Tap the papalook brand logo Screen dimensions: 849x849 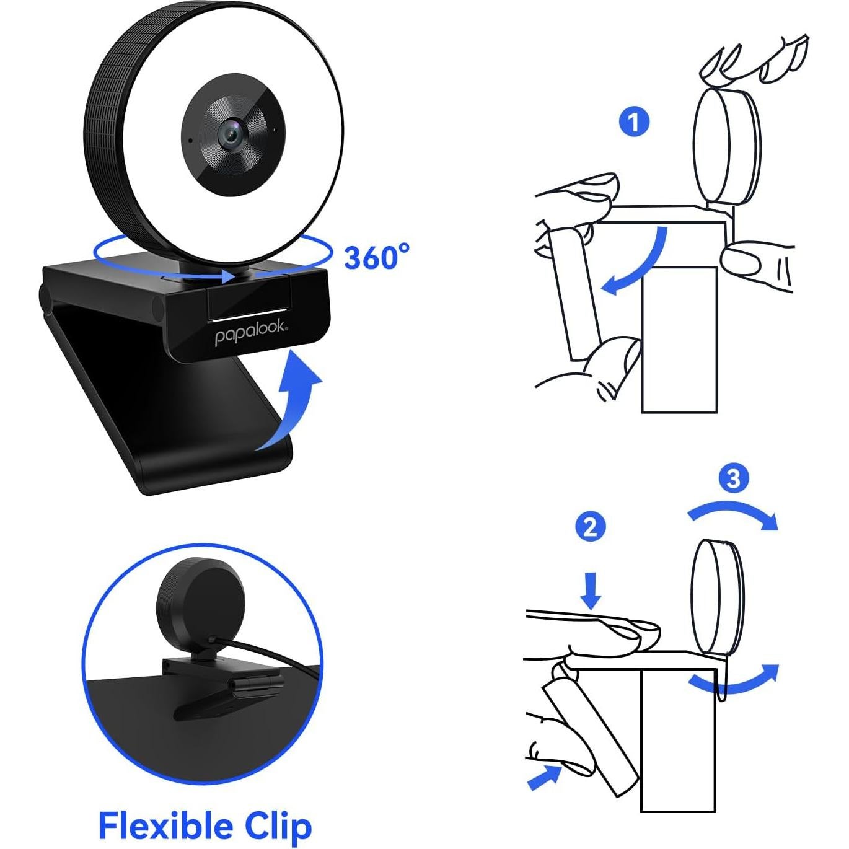(251, 335)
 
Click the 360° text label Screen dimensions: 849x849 (377, 257)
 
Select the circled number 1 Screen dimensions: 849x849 (634, 122)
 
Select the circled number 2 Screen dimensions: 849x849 (590, 527)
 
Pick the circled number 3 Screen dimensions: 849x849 (733, 478)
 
